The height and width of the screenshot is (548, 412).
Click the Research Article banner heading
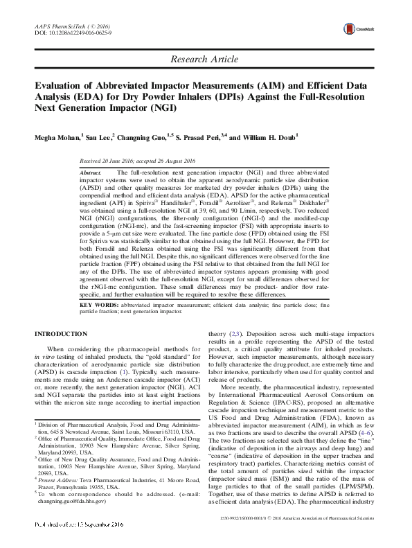coord(206,60)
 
